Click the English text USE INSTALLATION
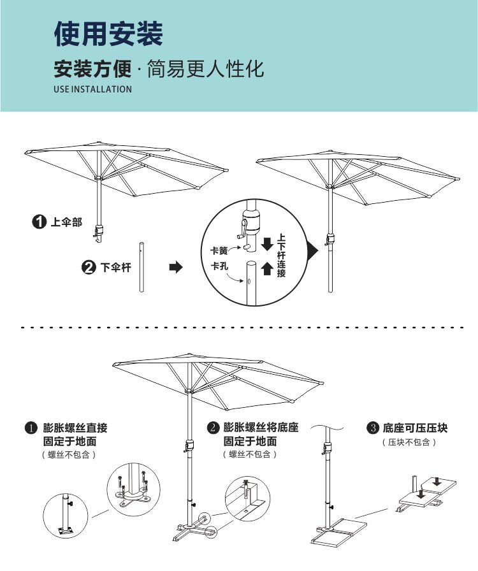pos(92,89)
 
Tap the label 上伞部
pos(66,222)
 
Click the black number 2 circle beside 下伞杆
pos(89,268)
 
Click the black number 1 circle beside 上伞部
pos(40,222)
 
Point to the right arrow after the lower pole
pos(175,268)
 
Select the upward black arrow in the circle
pos(268,269)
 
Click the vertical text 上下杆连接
pos(282,256)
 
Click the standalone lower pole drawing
pos(141,266)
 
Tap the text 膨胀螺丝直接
pos(75,427)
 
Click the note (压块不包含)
pos(409,442)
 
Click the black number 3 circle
pos(373,427)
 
